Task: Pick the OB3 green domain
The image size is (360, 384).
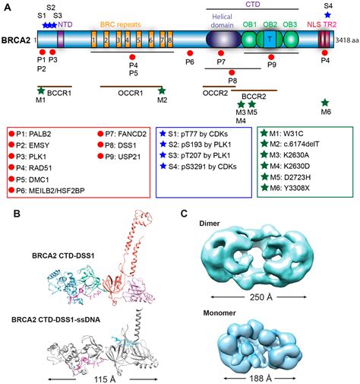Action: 289,37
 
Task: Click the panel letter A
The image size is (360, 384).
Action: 7,6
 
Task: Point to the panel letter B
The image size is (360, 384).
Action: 7,214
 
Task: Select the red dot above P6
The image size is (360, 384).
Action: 191,55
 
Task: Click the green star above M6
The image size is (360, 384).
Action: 325,103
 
